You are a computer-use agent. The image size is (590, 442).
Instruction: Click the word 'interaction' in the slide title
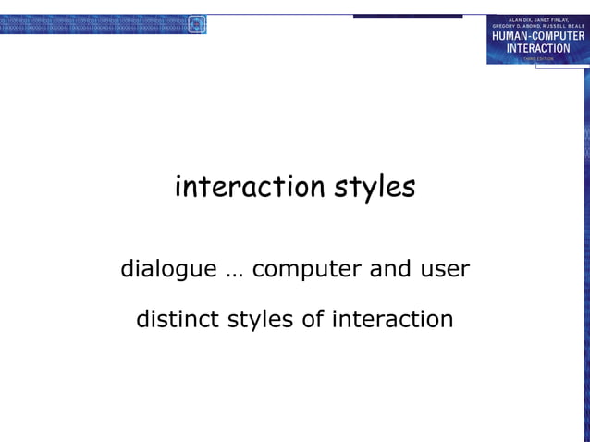pyautogui.click(x=238, y=187)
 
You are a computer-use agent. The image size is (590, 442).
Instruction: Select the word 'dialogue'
pyautogui.click(x=168, y=270)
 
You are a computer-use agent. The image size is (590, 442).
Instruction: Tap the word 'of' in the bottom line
pyautogui.click(x=313, y=320)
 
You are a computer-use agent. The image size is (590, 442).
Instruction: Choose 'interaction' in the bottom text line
pyautogui.click(x=392, y=320)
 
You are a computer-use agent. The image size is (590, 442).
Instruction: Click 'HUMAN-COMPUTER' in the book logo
pyautogui.click(x=537, y=36)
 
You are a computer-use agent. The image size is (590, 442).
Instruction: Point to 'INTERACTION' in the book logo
pyautogui.click(x=537, y=48)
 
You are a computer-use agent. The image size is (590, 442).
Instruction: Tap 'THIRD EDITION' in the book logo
pyautogui.click(x=537, y=57)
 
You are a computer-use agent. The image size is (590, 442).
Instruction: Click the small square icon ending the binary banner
pyautogui.click(x=196, y=25)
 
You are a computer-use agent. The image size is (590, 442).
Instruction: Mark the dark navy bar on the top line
pyautogui.click(x=407, y=16)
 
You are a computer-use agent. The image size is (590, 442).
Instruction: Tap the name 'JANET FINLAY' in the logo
pyautogui.click(x=557, y=19)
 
